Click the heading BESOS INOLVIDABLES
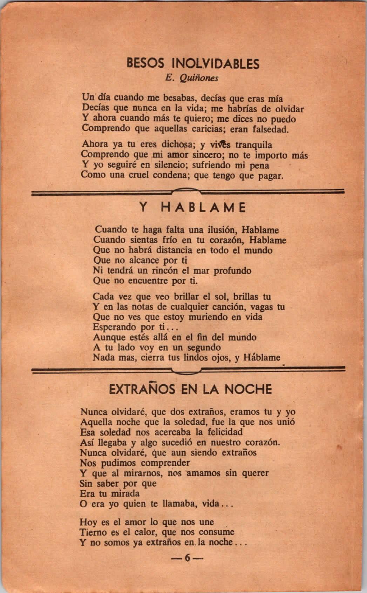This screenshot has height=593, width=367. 193,64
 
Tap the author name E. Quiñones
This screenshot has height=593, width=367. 192,78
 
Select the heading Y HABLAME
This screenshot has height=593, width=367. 193,208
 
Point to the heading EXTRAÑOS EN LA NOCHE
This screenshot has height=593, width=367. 190,389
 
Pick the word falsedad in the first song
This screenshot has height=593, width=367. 270,129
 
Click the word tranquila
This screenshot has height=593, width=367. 254,144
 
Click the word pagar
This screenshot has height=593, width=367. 270,175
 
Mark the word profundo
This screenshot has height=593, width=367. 230,271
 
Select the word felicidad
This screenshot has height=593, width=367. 223,432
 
